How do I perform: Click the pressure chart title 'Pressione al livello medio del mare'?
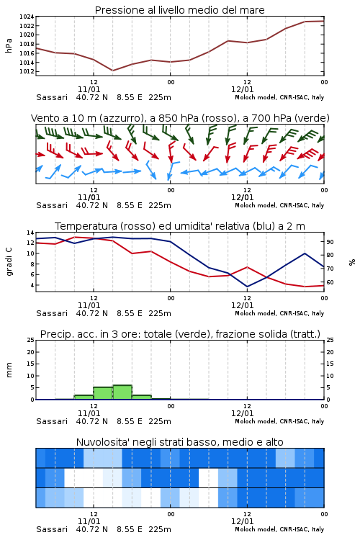click(x=179, y=10)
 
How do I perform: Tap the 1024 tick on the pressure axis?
click(x=27, y=17)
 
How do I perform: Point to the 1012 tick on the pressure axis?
click(x=27, y=71)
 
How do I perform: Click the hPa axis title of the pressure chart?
click(x=9, y=45)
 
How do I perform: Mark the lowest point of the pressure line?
click(x=112, y=71)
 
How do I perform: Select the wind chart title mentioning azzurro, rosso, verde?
click(x=180, y=118)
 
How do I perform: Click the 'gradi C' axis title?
click(x=9, y=262)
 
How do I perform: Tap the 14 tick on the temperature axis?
click(x=31, y=233)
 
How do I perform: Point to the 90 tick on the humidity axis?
click(x=330, y=242)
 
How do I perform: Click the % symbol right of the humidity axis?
click(x=352, y=262)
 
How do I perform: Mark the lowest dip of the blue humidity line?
click(x=247, y=287)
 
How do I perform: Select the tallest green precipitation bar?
click(x=122, y=392)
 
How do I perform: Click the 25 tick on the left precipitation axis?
click(x=31, y=341)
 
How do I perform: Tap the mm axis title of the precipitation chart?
click(x=9, y=370)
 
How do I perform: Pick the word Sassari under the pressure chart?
click(x=52, y=97)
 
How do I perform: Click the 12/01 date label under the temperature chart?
click(x=242, y=305)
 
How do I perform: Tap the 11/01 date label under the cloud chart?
click(x=89, y=521)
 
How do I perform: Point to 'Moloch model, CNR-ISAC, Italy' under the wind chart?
click(x=279, y=205)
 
